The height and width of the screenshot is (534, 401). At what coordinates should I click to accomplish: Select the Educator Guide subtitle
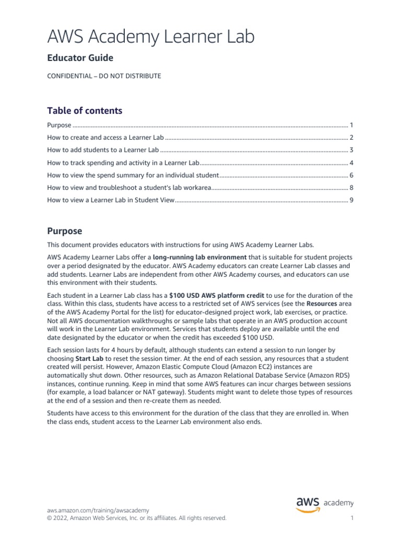(80, 58)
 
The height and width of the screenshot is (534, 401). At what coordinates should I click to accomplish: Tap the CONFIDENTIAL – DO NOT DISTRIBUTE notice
(104, 76)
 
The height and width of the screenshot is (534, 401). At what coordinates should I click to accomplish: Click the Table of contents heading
(85, 111)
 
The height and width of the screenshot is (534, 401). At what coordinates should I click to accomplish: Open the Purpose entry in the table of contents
(59, 125)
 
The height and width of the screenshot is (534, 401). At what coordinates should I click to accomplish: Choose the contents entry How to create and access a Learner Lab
(105, 138)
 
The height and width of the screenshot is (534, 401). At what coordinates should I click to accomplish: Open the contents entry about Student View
(110, 200)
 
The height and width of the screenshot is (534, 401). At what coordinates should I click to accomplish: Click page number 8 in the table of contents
(352, 187)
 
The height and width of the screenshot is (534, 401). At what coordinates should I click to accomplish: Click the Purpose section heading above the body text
(65, 231)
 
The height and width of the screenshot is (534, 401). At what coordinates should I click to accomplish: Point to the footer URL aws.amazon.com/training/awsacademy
(98, 511)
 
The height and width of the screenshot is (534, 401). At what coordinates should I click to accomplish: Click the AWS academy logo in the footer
(325, 504)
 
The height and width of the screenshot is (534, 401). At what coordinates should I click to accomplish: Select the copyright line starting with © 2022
(137, 518)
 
